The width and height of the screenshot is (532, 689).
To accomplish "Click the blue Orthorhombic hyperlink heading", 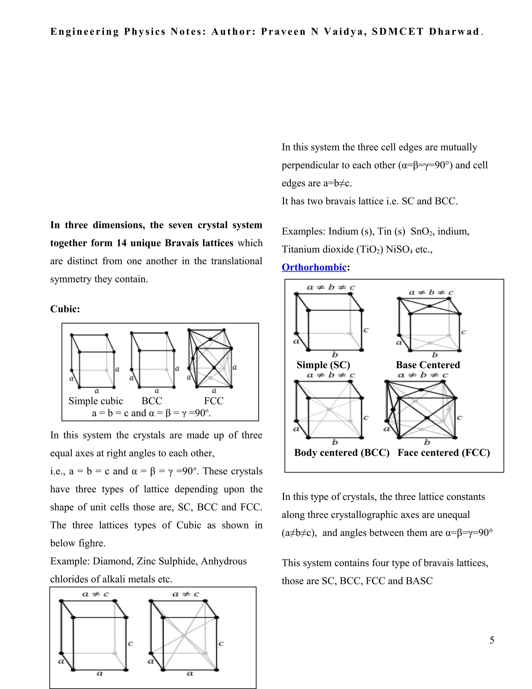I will click(314, 267).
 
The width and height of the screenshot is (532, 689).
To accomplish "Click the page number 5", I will click(492, 640).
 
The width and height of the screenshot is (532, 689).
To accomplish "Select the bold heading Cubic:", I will click(65, 309).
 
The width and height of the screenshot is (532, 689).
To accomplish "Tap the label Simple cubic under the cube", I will click(96, 401).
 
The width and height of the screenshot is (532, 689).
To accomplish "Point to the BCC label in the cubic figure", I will click(152, 401).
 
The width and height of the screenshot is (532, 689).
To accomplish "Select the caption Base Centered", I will click(428, 365).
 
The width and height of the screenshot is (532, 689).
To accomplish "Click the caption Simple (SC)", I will click(323, 365).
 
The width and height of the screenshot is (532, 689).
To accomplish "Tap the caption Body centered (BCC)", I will click(342, 452).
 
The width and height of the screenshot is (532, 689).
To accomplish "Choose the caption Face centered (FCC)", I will click(443, 452).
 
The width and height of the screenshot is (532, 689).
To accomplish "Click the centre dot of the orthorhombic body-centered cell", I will click(329, 409).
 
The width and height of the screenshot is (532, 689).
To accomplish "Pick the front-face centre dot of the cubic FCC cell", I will click(214, 368).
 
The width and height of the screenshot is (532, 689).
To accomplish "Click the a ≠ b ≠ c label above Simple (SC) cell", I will click(331, 287).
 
